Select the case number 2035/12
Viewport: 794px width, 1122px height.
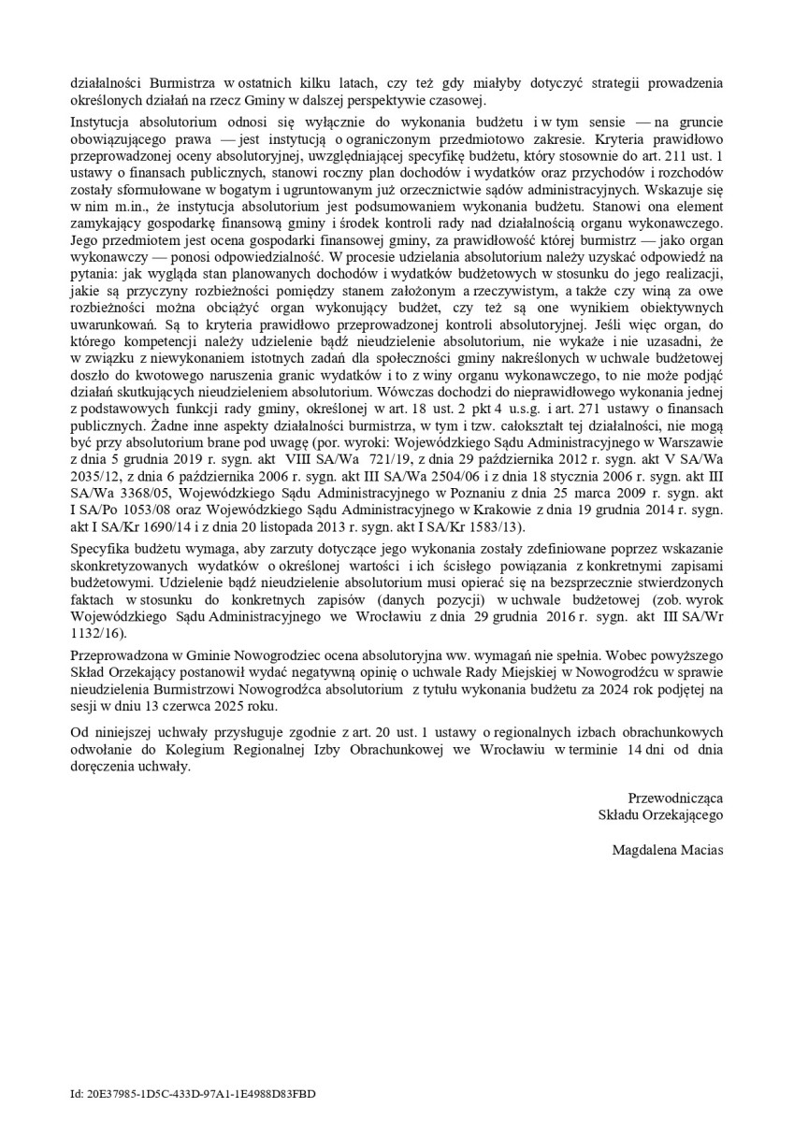click(92, 491)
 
